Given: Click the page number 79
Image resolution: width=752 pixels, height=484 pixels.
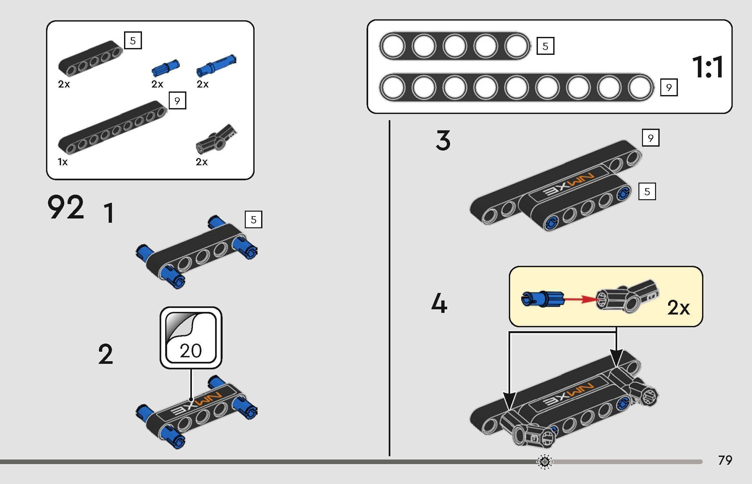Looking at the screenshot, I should tap(725, 460).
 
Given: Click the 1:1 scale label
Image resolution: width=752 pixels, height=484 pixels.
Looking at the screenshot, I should tap(707, 67).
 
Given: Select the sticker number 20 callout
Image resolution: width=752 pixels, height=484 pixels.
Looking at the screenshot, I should tap(191, 338).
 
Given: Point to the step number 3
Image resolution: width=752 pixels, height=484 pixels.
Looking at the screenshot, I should tap(443, 140).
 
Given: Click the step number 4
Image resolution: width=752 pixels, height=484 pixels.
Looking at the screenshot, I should tap(439, 304).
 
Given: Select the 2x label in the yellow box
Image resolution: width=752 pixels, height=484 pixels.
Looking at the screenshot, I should tap(679, 308).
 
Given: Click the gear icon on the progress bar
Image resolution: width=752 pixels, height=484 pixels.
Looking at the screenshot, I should tap(544, 462).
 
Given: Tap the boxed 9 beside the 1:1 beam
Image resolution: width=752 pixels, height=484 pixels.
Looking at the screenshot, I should tap(669, 88).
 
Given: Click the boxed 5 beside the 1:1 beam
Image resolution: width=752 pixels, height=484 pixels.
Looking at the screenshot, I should tap(545, 46).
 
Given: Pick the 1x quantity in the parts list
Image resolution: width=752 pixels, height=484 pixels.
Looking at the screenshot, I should tap(63, 162).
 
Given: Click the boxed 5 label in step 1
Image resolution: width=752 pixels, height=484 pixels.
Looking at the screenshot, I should tap(254, 220).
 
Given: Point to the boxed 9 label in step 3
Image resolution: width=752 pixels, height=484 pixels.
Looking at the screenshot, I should tap(650, 138).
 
